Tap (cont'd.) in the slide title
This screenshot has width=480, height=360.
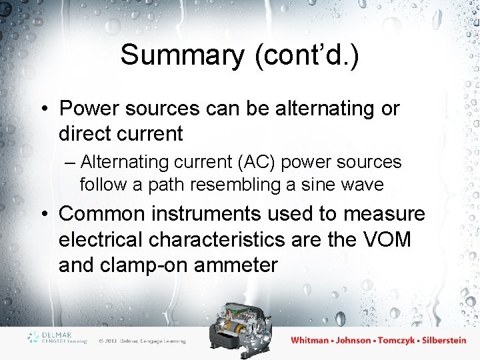(x=306, y=55)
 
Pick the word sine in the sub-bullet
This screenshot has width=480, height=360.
(x=319, y=184)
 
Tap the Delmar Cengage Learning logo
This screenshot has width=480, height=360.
(x=58, y=337)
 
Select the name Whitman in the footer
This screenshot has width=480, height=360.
(x=310, y=340)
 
